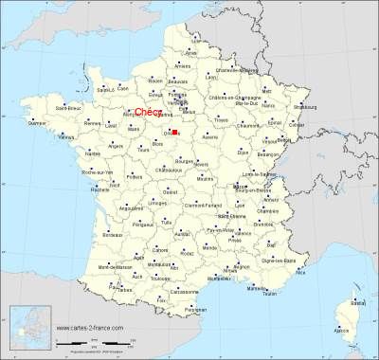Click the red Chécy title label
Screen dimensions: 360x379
point(146,112)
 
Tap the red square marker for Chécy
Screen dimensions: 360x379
point(175,132)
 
